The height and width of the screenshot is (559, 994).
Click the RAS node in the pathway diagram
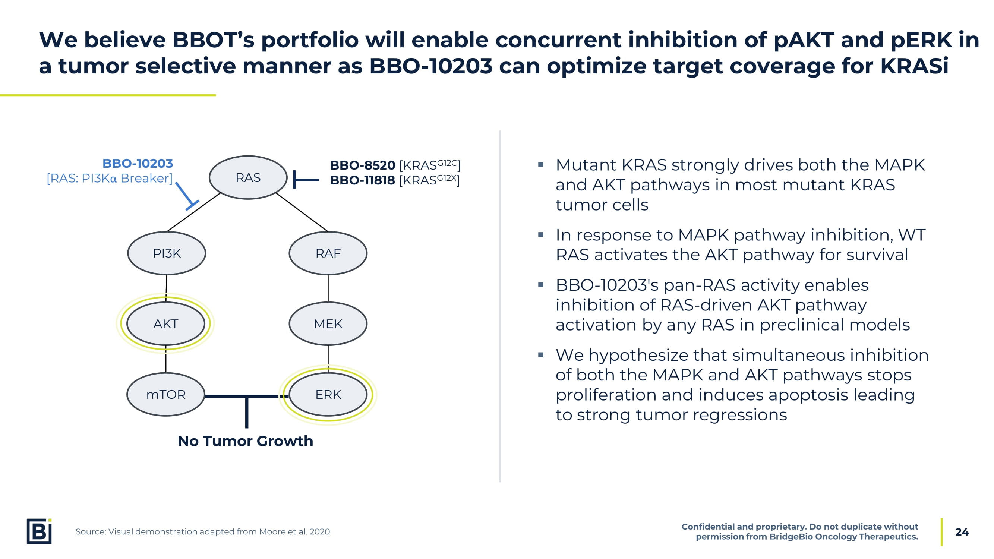[248, 177]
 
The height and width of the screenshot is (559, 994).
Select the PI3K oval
[167, 253]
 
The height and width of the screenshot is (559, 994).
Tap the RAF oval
[328, 253]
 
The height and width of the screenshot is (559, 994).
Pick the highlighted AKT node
[166, 324]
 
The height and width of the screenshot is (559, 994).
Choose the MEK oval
[328, 324]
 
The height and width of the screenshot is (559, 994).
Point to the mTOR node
[166, 394]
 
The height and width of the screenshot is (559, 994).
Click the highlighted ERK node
[328, 394]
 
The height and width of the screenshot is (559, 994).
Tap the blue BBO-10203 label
[138, 164]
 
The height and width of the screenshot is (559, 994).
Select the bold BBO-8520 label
[362, 165]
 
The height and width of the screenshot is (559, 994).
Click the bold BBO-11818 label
[362, 180]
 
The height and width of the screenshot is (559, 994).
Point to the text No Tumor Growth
[245, 441]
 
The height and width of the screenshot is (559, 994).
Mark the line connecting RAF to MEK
[328, 288]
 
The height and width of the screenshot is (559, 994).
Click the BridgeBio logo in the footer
[39, 531]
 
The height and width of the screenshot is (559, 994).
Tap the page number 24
[962, 532]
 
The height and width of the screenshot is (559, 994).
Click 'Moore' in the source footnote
[272, 532]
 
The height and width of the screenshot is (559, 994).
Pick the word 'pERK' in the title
[921, 40]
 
